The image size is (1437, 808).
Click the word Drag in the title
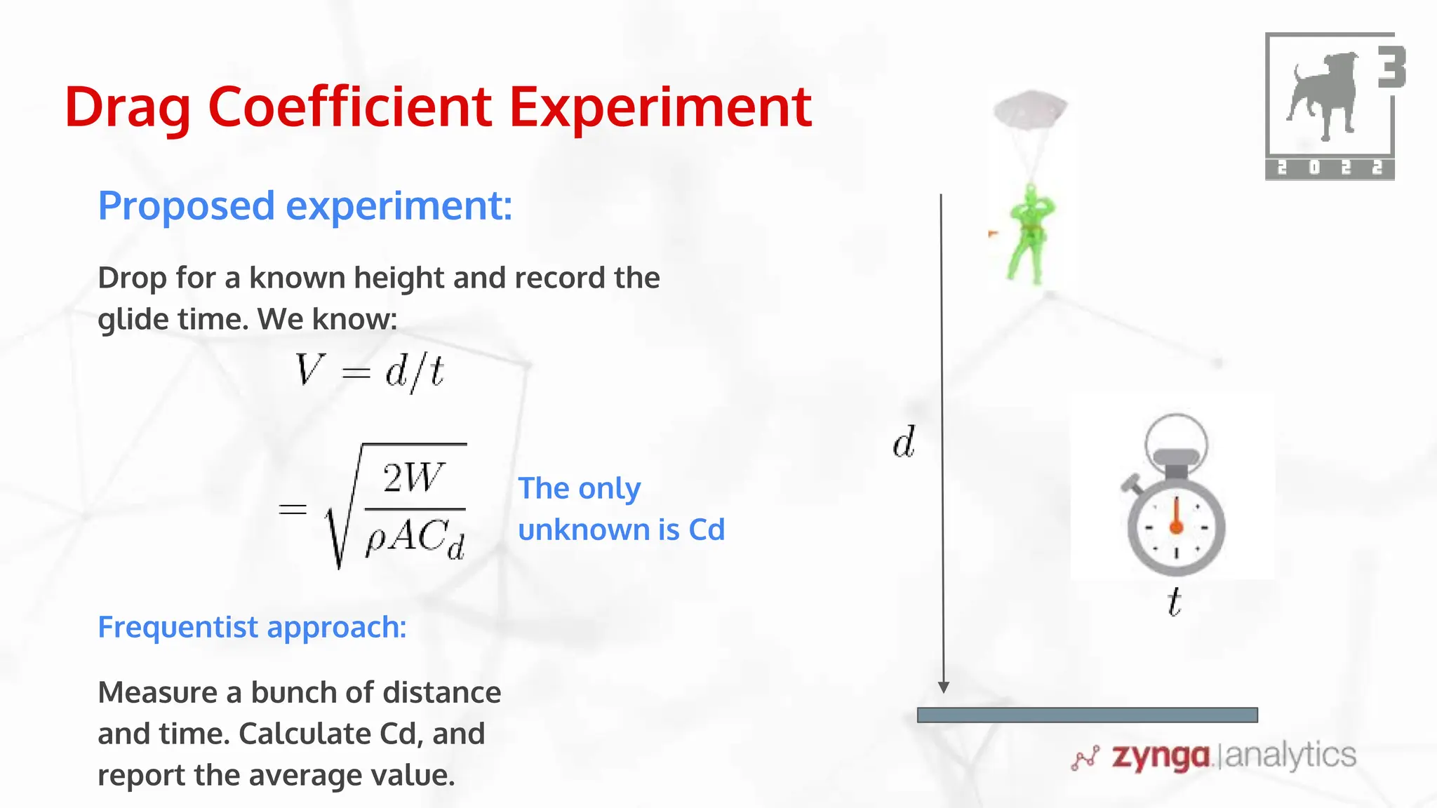pyautogui.click(x=128, y=107)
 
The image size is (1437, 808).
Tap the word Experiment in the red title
pyautogui.click(x=660, y=107)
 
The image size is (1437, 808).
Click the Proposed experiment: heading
pyautogui.click(x=305, y=206)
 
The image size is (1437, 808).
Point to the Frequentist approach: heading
pyautogui.click(x=252, y=626)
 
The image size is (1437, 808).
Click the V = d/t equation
pyautogui.click(x=369, y=371)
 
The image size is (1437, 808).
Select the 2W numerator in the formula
pyautogui.click(x=414, y=478)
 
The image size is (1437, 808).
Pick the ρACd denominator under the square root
pyautogui.click(x=415, y=539)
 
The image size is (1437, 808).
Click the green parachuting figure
pyautogui.click(x=1029, y=235)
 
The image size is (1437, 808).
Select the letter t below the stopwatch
pyautogui.click(x=1174, y=602)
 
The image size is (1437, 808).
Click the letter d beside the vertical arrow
pyautogui.click(x=904, y=442)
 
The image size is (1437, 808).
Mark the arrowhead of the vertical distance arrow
pyautogui.click(x=944, y=687)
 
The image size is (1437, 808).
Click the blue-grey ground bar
pyautogui.click(x=1087, y=715)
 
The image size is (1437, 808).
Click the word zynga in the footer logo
pyautogui.click(x=1161, y=757)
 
